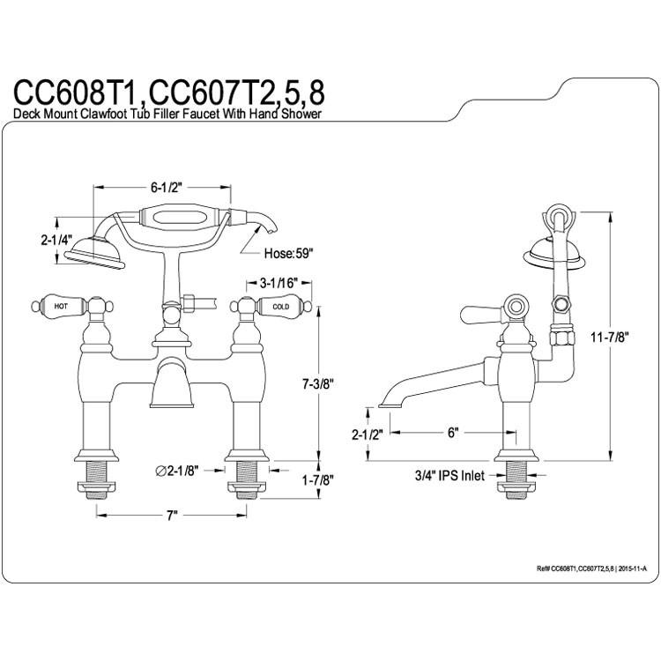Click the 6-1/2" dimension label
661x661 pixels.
point(166,188)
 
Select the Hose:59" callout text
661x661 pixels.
point(289,253)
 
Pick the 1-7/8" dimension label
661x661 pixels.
point(318,479)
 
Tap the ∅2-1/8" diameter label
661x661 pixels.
point(176,471)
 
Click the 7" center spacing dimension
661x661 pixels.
point(171,516)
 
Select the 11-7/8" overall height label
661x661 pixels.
point(610,337)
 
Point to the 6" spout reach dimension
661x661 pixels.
point(453,433)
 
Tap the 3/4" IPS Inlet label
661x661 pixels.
point(449,476)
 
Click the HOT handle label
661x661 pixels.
point(60,306)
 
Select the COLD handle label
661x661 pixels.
point(281,307)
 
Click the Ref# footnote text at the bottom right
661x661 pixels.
point(591,568)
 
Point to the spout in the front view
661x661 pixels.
point(172,382)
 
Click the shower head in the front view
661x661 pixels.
point(95,254)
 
